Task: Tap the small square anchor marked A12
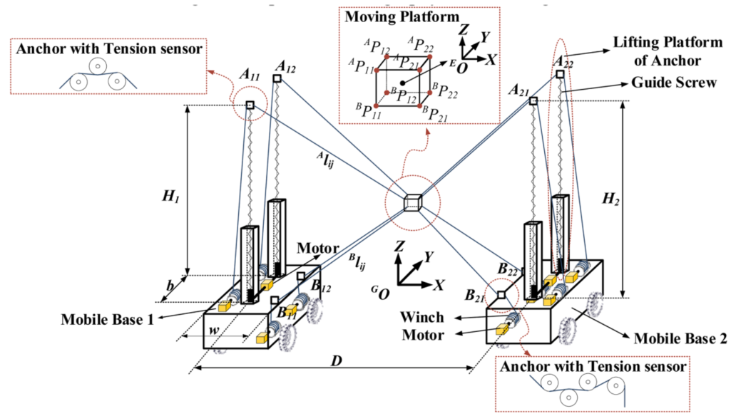click(x=277, y=78)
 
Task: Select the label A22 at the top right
click(x=563, y=61)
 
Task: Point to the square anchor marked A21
click(x=533, y=102)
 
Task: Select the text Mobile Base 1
click(x=108, y=318)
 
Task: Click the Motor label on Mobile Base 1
click(x=317, y=249)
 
